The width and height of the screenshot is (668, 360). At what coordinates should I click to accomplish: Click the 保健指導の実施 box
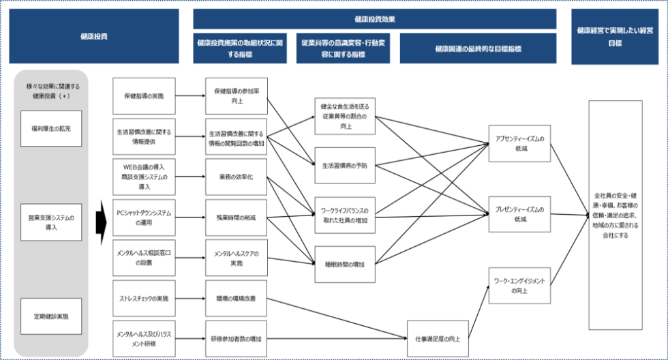(x=143, y=95)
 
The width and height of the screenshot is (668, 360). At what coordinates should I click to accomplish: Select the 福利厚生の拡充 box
(x=50, y=128)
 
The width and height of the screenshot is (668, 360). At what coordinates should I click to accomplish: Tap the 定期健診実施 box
(x=50, y=316)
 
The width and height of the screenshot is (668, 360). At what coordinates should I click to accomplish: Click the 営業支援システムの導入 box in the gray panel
(x=50, y=222)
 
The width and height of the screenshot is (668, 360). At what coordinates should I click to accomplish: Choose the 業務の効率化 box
(x=236, y=176)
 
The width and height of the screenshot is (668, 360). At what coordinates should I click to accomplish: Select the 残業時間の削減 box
(x=236, y=217)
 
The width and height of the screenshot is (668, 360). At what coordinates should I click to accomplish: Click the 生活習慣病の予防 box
(x=344, y=165)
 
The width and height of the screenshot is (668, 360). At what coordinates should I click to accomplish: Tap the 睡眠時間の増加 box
(x=344, y=264)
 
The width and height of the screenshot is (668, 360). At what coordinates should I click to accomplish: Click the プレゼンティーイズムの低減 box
(x=519, y=214)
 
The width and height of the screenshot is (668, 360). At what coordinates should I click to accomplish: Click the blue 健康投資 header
(x=93, y=36)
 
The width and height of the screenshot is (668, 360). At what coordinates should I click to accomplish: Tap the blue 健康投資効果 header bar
(x=374, y=18)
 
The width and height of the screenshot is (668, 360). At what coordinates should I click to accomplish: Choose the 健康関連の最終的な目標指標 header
(x=478, y=48)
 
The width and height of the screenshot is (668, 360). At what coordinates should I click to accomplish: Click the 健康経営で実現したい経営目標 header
(x=615, y=36)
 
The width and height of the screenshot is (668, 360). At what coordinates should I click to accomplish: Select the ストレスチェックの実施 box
(x=143, y=299)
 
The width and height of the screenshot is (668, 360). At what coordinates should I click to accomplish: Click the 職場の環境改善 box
(x=236, y=299)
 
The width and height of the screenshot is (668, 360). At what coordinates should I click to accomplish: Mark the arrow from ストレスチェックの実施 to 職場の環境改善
(x=189, y=299)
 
